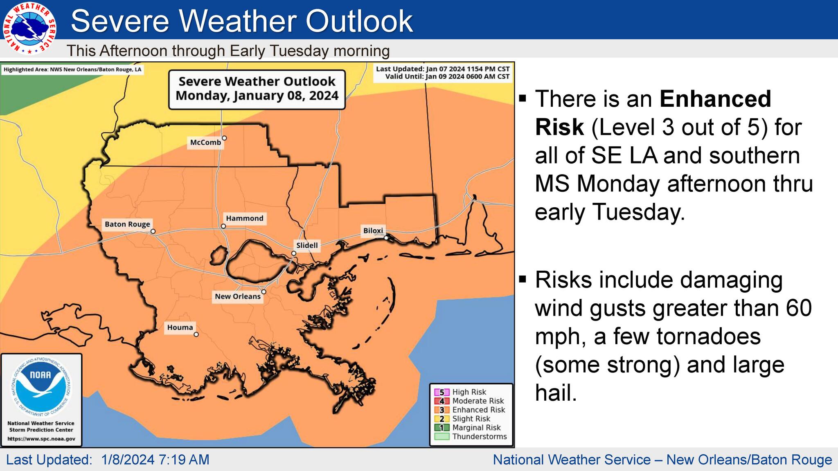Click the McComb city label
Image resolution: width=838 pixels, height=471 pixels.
point(205,142)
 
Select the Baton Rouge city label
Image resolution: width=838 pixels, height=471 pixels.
point(127,224)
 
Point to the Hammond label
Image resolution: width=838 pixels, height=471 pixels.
point(245,218)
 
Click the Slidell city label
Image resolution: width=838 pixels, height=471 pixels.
point(307,245)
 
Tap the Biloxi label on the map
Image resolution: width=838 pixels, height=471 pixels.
point(373,231)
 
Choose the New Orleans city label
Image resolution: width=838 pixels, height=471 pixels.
point(237,296)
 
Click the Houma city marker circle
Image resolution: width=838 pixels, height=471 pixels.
point(196,334)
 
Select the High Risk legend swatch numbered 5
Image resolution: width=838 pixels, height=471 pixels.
point(442,392)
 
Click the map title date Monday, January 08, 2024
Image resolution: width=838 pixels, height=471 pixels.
point(257,96)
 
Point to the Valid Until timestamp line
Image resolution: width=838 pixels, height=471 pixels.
point(447,76)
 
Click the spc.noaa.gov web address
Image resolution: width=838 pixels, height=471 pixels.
point(41,439)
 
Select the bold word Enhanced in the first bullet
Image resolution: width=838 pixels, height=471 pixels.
point(715,99)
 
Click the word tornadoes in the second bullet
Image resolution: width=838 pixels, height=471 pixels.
point(708,336)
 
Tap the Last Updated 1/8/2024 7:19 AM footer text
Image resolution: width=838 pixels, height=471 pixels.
point(108,460)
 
